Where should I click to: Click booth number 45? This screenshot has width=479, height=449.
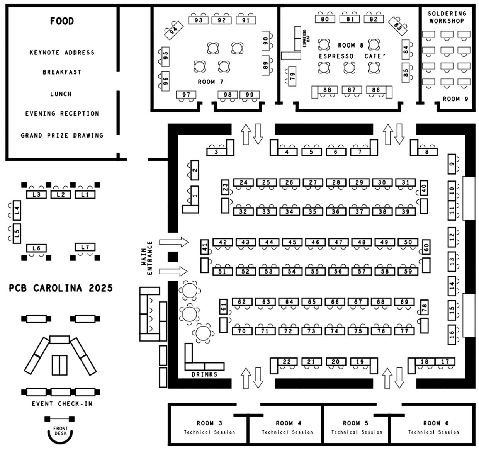click(292, 242)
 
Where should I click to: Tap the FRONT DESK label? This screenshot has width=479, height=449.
click(60, 431)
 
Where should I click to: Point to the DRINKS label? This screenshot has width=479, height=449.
click(204, 374)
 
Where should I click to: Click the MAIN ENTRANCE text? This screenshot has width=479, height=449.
click(147, 258)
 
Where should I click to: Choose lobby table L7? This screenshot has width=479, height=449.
click(85, 247)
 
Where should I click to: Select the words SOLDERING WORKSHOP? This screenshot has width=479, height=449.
click(447, 17)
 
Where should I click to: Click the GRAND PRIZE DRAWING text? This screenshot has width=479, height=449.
click(62, 135)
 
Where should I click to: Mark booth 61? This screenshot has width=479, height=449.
click(223, 308)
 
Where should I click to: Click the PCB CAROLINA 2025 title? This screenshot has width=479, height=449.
click(61, 288)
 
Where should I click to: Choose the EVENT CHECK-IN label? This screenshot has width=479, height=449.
click(62, 404)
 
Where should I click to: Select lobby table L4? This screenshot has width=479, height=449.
click(17, 211)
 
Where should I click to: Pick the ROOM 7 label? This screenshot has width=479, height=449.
click(211, 82)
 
